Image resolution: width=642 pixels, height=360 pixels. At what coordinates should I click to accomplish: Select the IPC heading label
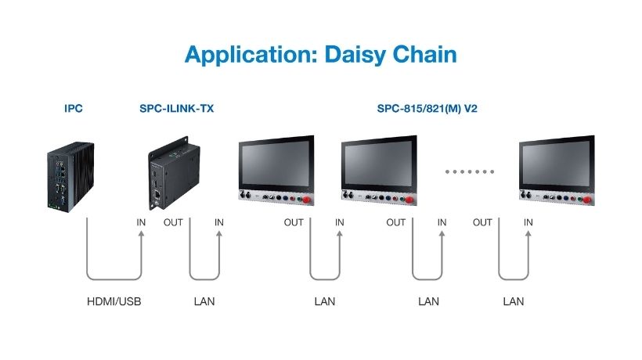[74, 109]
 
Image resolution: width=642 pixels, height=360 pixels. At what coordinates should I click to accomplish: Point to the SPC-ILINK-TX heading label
[176, 109]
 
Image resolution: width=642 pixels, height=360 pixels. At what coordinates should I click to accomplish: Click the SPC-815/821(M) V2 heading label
[427, 109]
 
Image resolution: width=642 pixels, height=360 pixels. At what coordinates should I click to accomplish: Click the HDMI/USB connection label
[113, 301]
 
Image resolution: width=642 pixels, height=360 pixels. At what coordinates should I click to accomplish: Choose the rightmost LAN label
[514, 301]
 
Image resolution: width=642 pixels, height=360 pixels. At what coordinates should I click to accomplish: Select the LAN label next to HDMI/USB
[204, 301]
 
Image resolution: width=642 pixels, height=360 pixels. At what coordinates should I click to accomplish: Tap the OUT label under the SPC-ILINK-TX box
[173, 222]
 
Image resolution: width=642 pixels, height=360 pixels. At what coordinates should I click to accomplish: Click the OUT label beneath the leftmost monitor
[294, 222]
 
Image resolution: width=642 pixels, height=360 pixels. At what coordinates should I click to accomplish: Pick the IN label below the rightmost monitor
[528, 222]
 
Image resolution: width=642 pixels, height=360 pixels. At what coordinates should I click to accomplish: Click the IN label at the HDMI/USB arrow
[141, 222]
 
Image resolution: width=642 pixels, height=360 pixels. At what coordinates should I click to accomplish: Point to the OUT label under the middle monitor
[396, 222]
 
